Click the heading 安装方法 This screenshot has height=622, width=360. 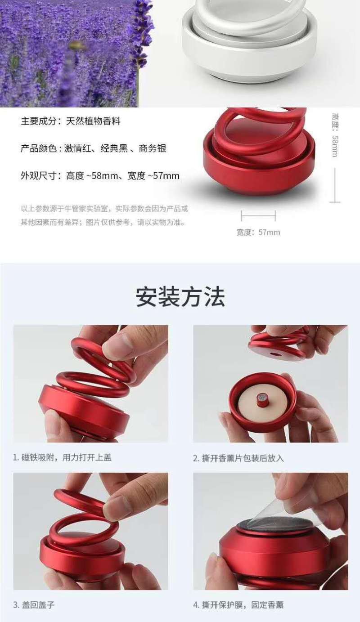[180, 297]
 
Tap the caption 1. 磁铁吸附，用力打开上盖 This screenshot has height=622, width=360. [62, 457]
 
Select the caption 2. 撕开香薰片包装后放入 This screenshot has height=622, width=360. [238, 458]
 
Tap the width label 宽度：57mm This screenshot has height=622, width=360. [258, 232]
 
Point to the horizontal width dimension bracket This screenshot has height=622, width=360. [258, 215]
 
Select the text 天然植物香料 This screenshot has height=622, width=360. [93, 121]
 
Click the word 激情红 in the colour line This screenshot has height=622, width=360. [77, 148]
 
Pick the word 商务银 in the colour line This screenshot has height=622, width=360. [153, 148]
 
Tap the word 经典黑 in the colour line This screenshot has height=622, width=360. [114, 148]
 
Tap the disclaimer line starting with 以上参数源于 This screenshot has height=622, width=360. [104, 209]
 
